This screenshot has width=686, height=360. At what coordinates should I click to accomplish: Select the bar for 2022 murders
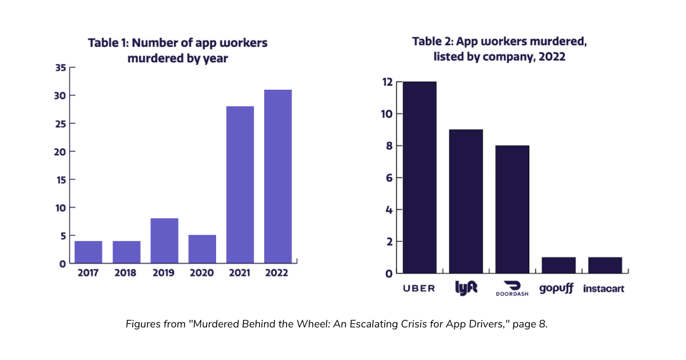[278, 177]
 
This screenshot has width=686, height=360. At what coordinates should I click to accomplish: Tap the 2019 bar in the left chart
[165, 241]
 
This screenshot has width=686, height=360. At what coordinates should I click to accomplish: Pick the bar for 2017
[89, 252]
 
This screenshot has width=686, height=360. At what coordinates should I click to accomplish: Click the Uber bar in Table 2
[420, 177]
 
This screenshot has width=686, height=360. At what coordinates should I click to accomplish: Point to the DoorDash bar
[512, 209]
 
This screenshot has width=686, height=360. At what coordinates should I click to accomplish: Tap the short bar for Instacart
[605, 265]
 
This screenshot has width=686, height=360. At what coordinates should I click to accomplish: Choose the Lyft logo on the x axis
[466, 288]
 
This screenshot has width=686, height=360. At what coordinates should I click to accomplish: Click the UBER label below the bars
[420, 288]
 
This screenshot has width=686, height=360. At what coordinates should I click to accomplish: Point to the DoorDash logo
[512, 288]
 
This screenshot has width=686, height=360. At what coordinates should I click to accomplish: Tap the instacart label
[604, 288]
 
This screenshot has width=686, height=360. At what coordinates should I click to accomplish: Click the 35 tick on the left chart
[61, 67]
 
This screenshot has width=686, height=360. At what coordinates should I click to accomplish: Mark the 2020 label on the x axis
[202, 273]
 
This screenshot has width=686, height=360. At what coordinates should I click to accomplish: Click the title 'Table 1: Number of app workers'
[177, 43]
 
